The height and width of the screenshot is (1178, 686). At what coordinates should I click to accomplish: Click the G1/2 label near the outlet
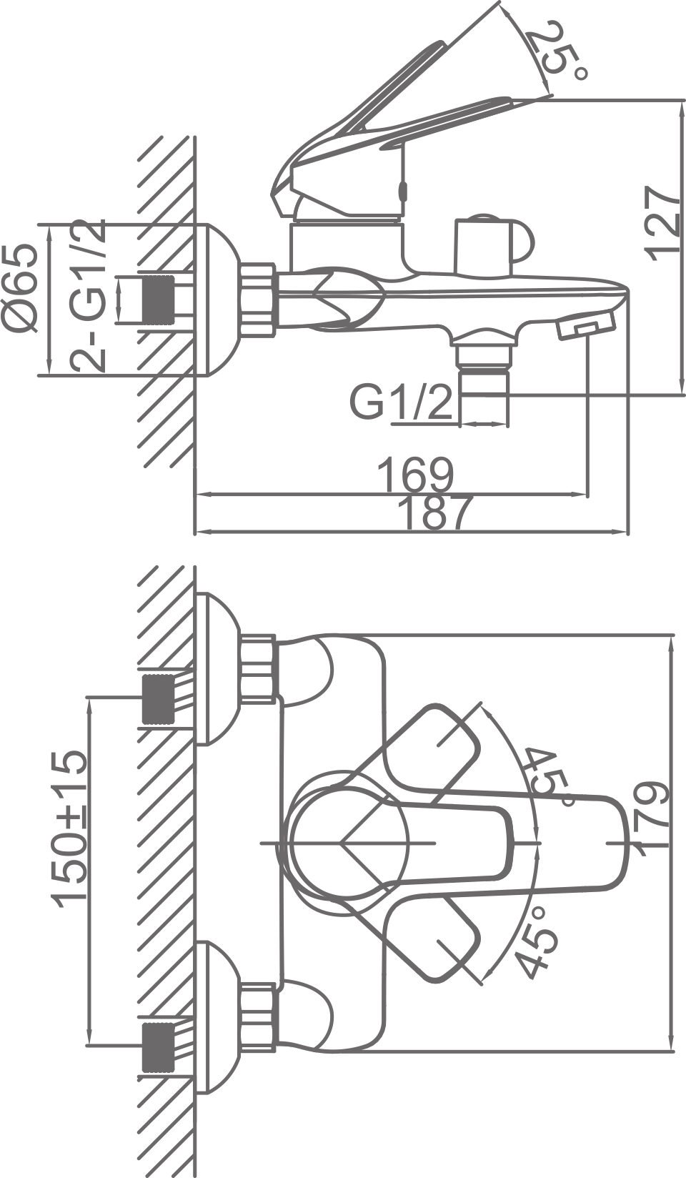[401, 402]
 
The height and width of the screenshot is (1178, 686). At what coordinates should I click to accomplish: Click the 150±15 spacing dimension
[70, 828]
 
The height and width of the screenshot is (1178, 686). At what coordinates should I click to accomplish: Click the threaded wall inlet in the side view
[159, 298]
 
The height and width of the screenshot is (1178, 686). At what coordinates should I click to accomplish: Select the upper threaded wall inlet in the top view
[159, 698]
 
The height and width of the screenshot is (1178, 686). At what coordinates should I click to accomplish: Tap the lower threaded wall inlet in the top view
[159, 1047]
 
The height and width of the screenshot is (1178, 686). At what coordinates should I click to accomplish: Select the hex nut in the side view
[257, 299]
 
